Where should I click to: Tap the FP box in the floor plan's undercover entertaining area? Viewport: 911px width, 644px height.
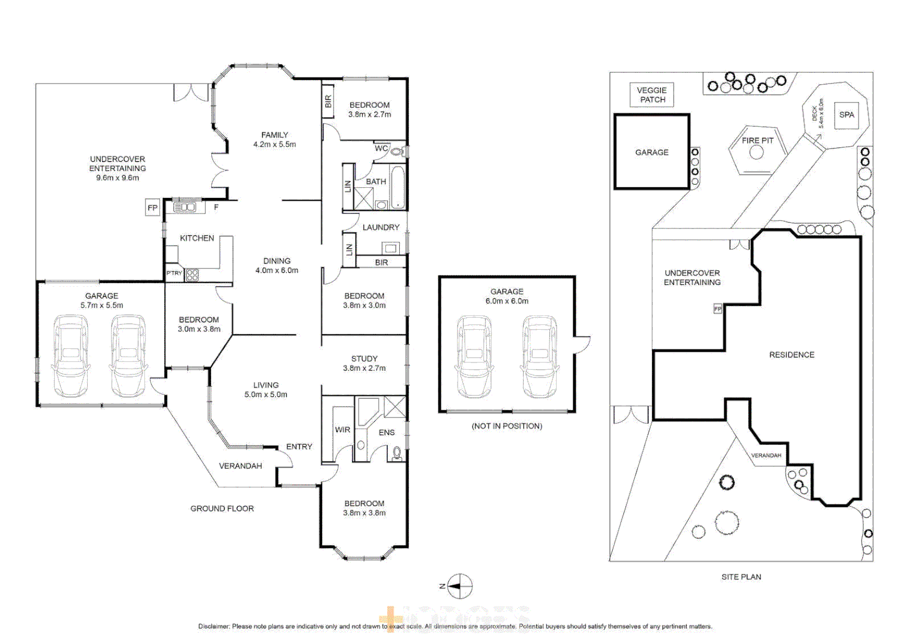[x=153, y=208]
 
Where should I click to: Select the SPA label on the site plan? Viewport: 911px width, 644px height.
[x=847, y=114]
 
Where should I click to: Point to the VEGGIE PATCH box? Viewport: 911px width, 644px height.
[x=652, y=95]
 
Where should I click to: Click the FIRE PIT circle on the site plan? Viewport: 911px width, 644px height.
[x=756, y=152]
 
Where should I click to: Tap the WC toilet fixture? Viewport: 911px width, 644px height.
[x=397, y=151]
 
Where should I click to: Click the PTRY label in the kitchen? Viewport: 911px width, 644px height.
[x=174, y=273]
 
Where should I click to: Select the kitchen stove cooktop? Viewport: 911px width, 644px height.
[x=192, y=275]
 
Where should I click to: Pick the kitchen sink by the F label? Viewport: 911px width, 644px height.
[x=184, y=207]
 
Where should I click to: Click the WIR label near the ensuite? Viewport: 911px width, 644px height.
[x=342, y=429]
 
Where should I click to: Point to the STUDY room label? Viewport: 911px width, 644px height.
[x=364, y=358]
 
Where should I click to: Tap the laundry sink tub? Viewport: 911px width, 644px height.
[x=391, y=248]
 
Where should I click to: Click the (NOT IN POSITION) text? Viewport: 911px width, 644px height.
[x=507, y=426]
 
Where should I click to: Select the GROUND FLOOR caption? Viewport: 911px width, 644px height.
[x=222, y=509]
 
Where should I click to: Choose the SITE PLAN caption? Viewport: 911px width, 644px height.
[x=741, y=577]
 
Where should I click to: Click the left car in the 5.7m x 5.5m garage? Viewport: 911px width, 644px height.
[x=71, y=356]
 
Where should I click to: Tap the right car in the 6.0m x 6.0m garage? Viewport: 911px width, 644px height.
[x=540, y=357]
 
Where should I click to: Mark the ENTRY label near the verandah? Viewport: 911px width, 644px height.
[x=299, y=447]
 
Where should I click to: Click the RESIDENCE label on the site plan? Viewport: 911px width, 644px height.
[x=791, y=355]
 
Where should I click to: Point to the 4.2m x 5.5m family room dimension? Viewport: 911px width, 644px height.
[x=274, y=144]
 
